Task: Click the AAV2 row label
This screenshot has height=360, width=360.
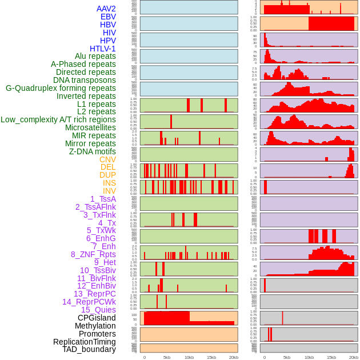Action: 106,9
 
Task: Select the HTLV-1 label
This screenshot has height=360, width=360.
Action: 103,49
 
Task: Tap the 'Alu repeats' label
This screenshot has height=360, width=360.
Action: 95,56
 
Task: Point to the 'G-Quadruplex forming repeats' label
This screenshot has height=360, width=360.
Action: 61,88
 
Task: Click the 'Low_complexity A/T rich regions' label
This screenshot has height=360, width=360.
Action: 58,119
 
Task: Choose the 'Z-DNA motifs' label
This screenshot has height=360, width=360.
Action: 93,151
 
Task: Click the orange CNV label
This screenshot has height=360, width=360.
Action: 107,159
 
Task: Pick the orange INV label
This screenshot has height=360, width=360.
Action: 109,191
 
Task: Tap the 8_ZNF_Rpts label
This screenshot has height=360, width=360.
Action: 93,254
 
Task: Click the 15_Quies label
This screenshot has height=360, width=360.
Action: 98,310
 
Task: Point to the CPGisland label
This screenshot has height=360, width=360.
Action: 97,318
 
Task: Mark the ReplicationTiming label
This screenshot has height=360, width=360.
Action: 84,342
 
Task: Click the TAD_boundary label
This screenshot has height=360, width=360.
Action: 89,349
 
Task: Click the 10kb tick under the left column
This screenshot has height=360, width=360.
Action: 189,357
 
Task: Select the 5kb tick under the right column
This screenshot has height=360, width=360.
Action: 286,357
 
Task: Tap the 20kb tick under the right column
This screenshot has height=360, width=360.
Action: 354,357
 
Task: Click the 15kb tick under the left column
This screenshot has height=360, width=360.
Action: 211,357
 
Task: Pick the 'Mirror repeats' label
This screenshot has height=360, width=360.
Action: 90,143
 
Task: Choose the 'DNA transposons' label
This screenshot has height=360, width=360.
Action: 85,80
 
